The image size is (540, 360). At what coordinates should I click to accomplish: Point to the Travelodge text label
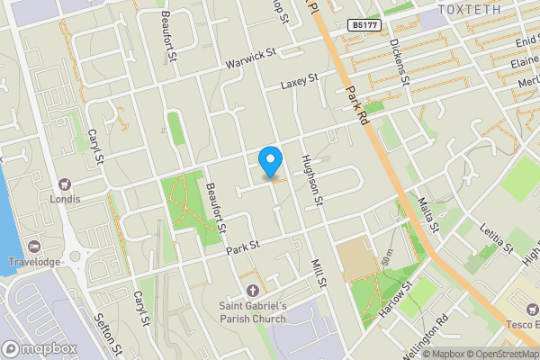click(x=33, y=264)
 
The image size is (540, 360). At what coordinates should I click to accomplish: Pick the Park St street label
click(x=242, y=245)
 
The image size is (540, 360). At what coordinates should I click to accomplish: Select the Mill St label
click(x=317, y=272)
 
